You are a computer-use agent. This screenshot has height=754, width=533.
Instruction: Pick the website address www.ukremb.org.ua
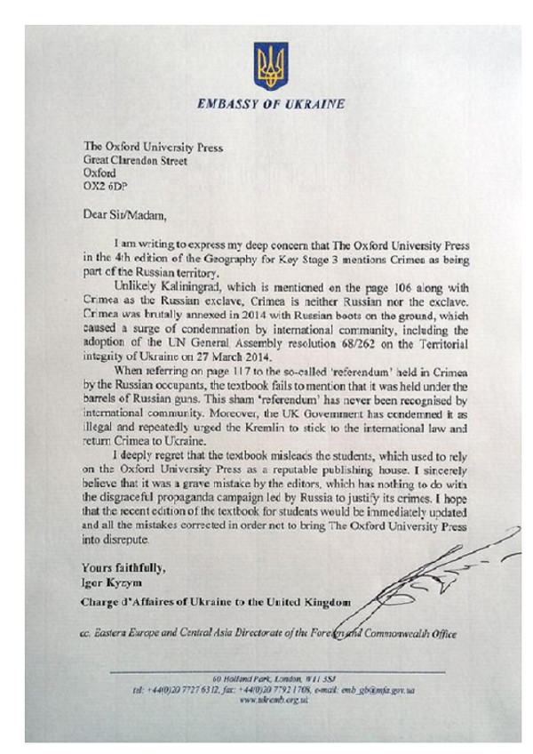point(266,699)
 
